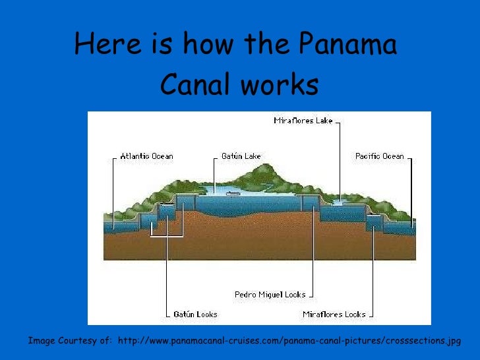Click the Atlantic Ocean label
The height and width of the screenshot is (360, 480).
[x=146, y=156]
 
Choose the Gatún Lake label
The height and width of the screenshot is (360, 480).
[x=241, y=156]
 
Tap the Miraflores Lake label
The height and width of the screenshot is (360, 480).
[x=303, y=121]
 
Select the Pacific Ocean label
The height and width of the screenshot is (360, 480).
[x=379, y=156]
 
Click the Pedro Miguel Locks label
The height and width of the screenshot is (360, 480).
[x=270, y=295]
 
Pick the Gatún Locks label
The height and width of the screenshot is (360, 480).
[x=195, y=315]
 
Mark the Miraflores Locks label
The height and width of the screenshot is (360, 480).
[x=334, y=315]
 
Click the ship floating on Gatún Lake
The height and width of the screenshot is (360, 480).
[x=232, y=194]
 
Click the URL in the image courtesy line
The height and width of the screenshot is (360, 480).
[x=287, y=342]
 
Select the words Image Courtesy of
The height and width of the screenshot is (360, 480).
[x=69, y=342]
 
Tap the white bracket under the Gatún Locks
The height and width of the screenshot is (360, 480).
[x=166, y=235]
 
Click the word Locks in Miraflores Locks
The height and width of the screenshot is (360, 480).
[x=352, y=315]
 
